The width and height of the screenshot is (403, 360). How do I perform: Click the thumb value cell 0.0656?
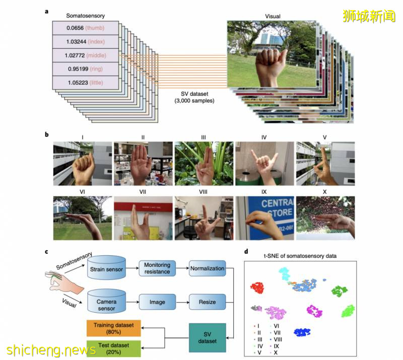pos(85,28)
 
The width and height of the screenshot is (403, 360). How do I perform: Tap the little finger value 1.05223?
pos(85,82)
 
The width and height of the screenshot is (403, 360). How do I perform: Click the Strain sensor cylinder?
pos(106,269)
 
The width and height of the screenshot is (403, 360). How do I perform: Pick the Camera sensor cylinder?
pos(106,302)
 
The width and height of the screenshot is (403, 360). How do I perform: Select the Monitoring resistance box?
pos(157,269)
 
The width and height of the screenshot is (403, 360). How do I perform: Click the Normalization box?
pos(207,269)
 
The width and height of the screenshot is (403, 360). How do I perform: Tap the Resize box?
pos(207,302)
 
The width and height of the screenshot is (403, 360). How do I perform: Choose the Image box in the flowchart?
pos(157,302)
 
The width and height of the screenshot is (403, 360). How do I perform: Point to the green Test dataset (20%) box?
pos(113,348)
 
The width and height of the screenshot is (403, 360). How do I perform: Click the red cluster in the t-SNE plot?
pos(258,288)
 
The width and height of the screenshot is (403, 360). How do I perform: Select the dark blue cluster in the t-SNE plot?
pos(305,332)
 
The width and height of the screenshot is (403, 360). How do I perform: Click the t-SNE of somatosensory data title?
pos(301,256)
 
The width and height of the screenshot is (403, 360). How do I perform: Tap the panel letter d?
pos(245,252)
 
